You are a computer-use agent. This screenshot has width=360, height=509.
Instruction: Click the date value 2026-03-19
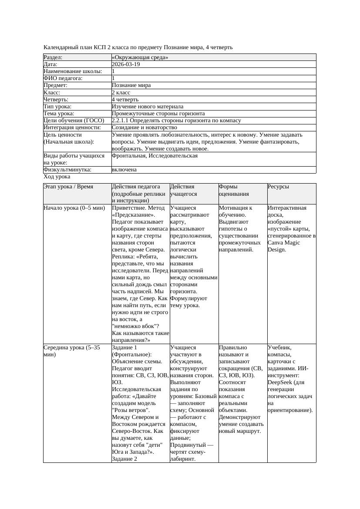(x=126, y=64)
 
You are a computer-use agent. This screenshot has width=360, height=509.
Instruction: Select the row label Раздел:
(x=53, y=57)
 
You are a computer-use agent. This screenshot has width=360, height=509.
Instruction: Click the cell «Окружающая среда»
(x=140, y=57)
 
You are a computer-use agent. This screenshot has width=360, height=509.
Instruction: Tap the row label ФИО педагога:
(x=63, y=78)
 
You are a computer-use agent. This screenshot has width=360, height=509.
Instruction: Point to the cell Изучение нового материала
(x=148, y=107)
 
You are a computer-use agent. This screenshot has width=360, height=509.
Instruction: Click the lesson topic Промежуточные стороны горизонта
(x=158, y=114)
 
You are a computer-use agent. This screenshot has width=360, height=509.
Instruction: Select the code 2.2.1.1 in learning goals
(x=120, y=121)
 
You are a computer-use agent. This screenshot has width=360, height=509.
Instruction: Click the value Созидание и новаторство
(x=144, y=127)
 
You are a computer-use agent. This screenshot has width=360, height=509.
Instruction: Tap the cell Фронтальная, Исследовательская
(x=155, y=156)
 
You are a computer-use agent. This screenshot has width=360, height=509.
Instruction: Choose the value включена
(x=124, y=170)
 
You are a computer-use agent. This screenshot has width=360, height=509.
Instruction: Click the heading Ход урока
(x=57, y=177)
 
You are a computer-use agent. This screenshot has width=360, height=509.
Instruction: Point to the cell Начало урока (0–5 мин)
(x=74, y=208)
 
